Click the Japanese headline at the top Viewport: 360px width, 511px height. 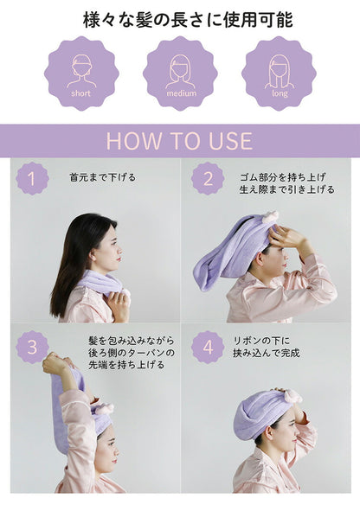(180, 18)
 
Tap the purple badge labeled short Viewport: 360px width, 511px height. (80, 73)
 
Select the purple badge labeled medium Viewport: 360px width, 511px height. (180, 73)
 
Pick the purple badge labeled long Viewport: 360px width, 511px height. (279, 73)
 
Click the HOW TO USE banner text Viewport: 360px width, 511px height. (180, 141)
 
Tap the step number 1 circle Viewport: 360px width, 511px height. (32, 179)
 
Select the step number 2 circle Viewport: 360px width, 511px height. (208, 179)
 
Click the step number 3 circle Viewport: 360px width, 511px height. (32, 347)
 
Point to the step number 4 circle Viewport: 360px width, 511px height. (208, 347)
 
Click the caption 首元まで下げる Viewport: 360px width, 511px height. (102, 177)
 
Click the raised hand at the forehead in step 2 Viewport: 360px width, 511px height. (286, 237)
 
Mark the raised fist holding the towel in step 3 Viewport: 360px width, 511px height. (58, 364)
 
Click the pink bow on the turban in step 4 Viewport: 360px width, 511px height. (292, 396)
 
